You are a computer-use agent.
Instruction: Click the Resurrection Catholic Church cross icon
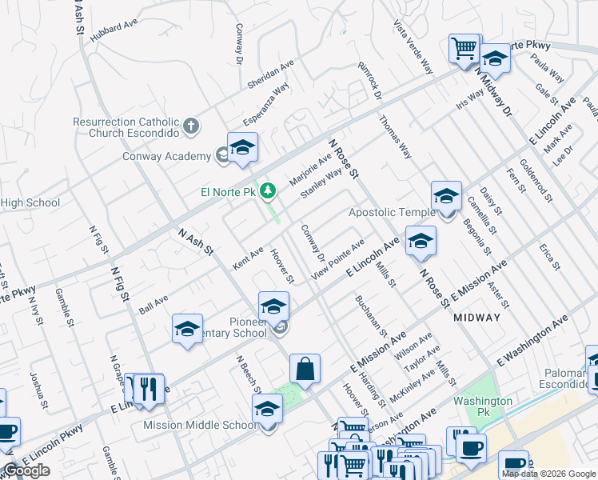[x=190, y=126]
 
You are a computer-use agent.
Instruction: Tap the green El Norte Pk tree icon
[x=269, y=190]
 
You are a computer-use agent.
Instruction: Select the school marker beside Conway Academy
[x=242, y=149]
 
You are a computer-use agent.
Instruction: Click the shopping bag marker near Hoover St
[x=305, y=370]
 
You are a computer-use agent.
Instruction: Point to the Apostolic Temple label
[x=392, y=212]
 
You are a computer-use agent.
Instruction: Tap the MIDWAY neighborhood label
[x=476, y=318]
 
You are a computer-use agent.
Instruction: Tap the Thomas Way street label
[x=395, y=137]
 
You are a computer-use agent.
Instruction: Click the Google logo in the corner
[x=26, y=470]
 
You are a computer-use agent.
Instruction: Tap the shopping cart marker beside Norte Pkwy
[x=464, y=49]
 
